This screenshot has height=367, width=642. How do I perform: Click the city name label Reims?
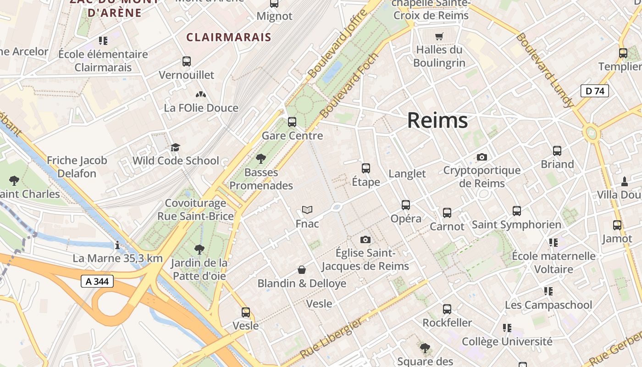[x=437, y=121]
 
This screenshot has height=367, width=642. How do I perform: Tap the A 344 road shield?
[x=97, y=281]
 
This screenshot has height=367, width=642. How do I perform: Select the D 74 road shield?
[x=595, y=91]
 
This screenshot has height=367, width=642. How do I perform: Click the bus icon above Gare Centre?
[x=292, y=122]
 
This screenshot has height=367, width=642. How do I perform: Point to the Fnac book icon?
[x=307, y=210]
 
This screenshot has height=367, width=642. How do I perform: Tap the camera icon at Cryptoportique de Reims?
[x=481, y=157]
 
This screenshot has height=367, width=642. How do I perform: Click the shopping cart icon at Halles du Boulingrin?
[x=439, y=36]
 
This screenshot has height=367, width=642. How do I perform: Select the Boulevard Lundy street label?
[x=545, y=70]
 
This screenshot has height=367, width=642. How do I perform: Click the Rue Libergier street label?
[x=331, y=339]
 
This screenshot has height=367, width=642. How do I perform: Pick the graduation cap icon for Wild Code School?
[x=175, y=147]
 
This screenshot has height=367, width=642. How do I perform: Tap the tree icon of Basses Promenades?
[x=261, y=159]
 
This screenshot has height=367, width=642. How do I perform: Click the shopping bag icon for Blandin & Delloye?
[x=302, y=270]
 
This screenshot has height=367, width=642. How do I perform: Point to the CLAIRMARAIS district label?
[x=228, y=37]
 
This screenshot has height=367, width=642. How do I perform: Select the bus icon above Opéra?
[x=406, y=205]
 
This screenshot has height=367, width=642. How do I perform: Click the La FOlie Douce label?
[x=201, y=108]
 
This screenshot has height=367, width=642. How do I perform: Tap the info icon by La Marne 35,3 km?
[x=117, y=245]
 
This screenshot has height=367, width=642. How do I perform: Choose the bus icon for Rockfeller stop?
[x=447, y=309]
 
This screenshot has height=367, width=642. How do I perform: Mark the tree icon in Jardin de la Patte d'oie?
[x=199, y=250]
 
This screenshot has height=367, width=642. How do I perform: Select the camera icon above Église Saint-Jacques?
[x=365, y=239]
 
